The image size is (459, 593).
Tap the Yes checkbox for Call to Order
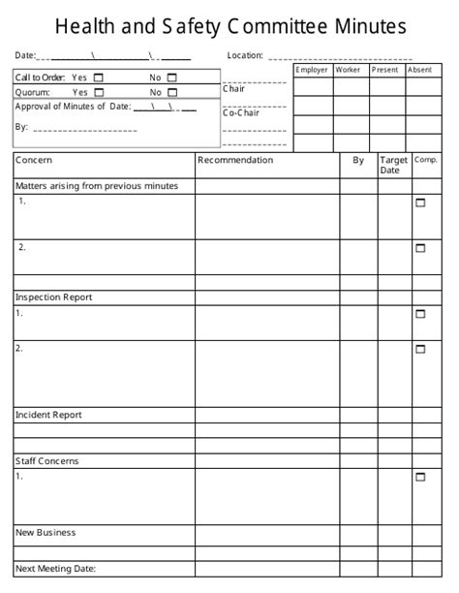98,78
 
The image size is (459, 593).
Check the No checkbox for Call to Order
171,78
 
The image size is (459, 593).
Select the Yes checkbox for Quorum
98,92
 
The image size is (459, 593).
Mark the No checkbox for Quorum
171,92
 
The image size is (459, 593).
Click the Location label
245,55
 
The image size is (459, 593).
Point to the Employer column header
312,70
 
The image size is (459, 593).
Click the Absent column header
419,70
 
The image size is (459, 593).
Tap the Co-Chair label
239,112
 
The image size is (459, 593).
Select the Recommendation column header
234,160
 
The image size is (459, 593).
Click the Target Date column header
393,165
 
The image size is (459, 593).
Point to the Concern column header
34,160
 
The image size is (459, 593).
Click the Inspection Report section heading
53,297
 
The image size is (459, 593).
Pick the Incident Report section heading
48,415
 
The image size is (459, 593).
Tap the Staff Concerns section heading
46,461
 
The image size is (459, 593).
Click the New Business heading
45,532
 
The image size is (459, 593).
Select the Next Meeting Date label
55,569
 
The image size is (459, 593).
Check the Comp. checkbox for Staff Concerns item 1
420,477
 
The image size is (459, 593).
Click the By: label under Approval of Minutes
21,126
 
